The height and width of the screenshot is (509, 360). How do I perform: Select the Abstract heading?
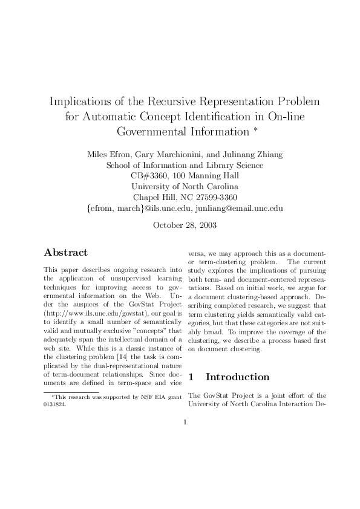click(66, 253)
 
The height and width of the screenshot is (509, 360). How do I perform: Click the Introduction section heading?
click(238, 377)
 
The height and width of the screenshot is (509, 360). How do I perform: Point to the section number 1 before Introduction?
click(192, 377)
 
